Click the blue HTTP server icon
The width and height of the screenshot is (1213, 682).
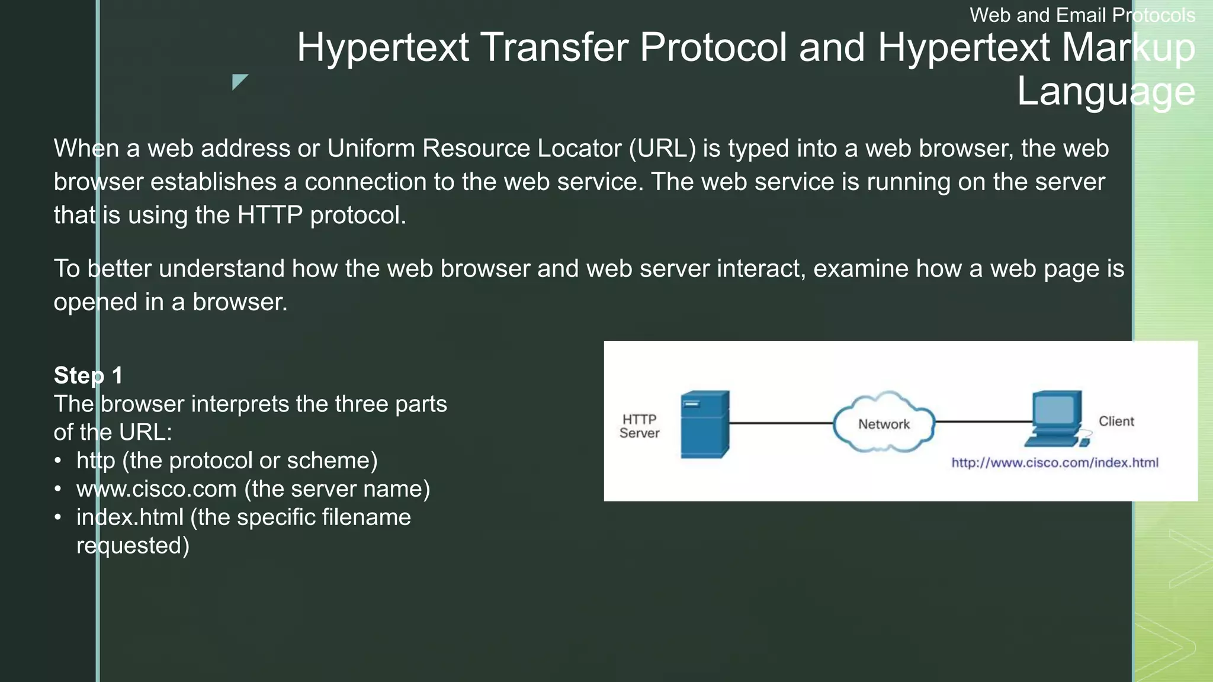[704, 424]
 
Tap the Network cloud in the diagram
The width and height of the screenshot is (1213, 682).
[884, 423]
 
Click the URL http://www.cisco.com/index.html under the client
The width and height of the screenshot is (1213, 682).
[1054, 463]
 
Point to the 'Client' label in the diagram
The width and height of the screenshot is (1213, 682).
[1116, 422]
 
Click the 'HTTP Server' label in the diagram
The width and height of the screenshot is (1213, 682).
[639, 426]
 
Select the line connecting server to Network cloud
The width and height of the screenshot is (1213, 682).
[781, 423]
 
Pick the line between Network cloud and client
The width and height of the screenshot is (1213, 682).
[983, 422]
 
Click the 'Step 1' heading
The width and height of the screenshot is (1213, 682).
[88, 375]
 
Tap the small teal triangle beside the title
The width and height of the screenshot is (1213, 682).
[239, 81]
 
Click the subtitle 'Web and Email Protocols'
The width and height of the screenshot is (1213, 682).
[1082, 15]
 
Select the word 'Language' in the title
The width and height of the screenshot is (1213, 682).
[1106, 91]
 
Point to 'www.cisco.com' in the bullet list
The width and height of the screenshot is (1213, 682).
[156, 489]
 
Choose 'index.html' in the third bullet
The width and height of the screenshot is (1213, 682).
[130, 517]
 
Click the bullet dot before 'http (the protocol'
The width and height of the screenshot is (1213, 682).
[57, 461]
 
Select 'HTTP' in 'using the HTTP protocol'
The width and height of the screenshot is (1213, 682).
[269, 215]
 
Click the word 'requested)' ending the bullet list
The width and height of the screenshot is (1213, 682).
[133, 546]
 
